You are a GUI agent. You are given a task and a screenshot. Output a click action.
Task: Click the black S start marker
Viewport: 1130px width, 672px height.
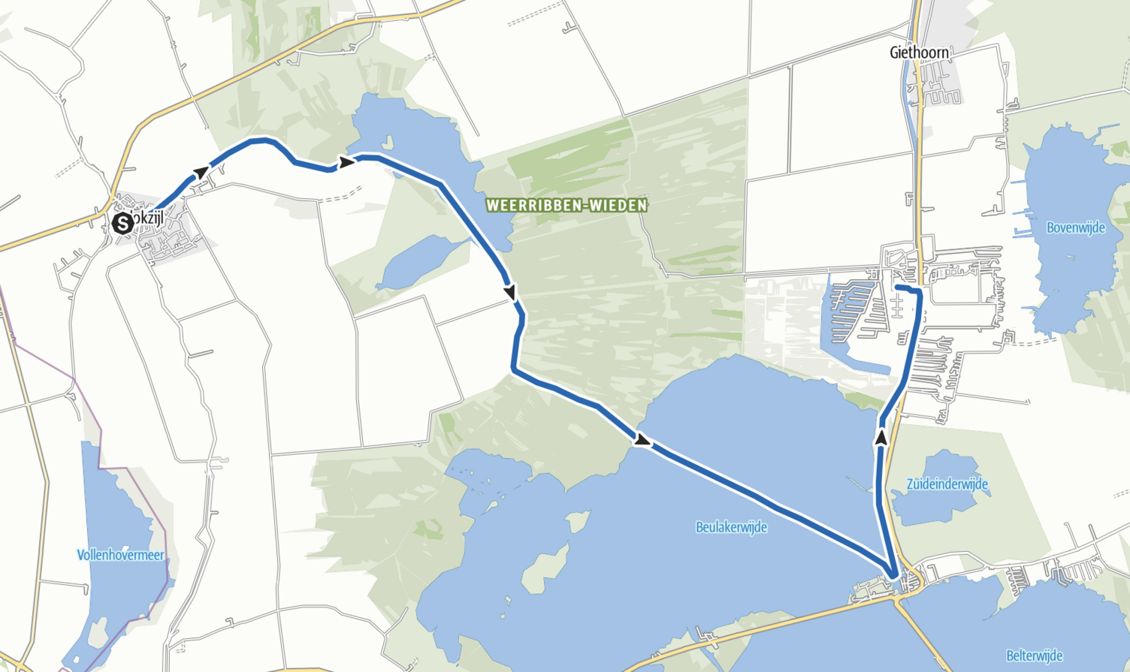[x=122, y=223]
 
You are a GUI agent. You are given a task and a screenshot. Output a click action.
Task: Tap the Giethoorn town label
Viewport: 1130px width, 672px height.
[x=919, y=53]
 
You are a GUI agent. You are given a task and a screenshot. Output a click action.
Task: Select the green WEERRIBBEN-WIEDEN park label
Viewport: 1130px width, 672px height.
[x=567, y=205]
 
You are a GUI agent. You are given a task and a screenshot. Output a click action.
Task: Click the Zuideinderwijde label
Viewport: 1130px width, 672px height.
[x=947, y=484]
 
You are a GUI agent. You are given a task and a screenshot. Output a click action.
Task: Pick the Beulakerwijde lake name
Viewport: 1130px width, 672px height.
[x=731, y=527]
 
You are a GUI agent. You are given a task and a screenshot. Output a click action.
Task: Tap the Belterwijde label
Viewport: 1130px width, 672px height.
[x=1035, y=655]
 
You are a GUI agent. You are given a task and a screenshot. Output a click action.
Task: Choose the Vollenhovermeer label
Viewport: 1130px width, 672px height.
[x=120, y=555]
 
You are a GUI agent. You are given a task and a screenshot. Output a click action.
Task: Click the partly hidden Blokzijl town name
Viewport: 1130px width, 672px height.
[x=147, y=218]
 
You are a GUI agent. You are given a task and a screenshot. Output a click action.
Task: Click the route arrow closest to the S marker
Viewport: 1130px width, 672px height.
[x=201, y=173]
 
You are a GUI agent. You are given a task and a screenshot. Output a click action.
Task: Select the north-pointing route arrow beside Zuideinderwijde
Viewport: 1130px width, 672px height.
[x=881, y=437]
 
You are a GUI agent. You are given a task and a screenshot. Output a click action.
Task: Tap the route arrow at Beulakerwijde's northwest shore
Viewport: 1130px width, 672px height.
[x=642, y=441]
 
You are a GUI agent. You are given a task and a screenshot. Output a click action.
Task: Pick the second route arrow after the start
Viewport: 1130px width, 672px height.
[x=346, y=162]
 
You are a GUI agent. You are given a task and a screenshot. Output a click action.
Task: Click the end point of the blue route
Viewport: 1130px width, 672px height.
[x=897, y=287]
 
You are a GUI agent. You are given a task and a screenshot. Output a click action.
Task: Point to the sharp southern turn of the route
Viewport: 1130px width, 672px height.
[x=893, y=575]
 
